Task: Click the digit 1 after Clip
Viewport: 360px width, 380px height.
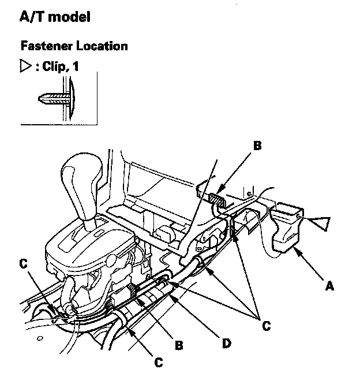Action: pos(77,66)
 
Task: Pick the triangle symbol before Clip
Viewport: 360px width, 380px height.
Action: pos(24,66)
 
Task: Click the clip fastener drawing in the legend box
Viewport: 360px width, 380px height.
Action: pos(58,98)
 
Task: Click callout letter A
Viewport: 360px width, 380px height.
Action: pos(329,285)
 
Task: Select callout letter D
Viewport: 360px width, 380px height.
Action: pos(227,342)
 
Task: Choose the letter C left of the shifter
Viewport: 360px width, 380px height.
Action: pos(22,264)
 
